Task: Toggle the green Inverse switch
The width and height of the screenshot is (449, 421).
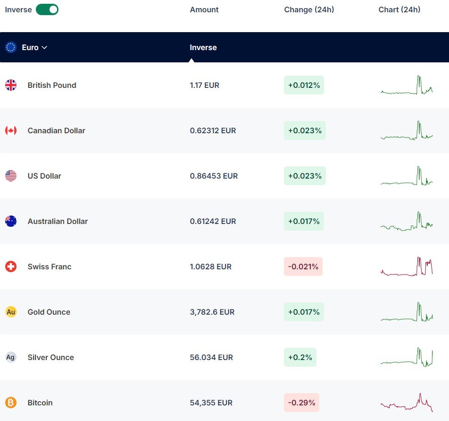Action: click(47, 9)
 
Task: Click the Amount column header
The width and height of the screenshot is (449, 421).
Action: click(204, 10)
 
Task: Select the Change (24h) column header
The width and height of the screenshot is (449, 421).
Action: click(309, 10)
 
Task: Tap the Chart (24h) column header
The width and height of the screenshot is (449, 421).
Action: click(399, 10)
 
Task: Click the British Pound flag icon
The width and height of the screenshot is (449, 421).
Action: click(11, 85)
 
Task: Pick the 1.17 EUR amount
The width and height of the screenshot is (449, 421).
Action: click(205, 85)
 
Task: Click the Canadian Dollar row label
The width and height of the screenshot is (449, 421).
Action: click(57, 130)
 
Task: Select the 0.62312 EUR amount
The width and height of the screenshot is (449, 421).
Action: click(213, 130)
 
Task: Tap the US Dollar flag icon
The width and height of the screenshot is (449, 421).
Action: click(11, 176)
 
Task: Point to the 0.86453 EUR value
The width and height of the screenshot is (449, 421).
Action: click(214, 176)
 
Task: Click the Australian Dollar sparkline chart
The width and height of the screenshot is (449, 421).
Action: click(407, 221)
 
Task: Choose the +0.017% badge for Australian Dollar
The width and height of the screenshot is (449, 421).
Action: click(304, 221)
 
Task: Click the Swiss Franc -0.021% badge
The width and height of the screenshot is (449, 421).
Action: click(303, 266)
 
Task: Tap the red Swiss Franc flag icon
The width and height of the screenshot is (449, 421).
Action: click(11, 266)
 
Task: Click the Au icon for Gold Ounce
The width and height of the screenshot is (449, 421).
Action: click(11, 312)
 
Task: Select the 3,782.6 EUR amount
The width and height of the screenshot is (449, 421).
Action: click(212, 312)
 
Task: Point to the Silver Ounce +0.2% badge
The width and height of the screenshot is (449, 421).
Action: click(300, 357)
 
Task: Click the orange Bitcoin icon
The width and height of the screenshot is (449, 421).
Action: click(11, 403)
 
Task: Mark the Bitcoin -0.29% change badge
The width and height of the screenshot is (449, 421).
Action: click(301, 403)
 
